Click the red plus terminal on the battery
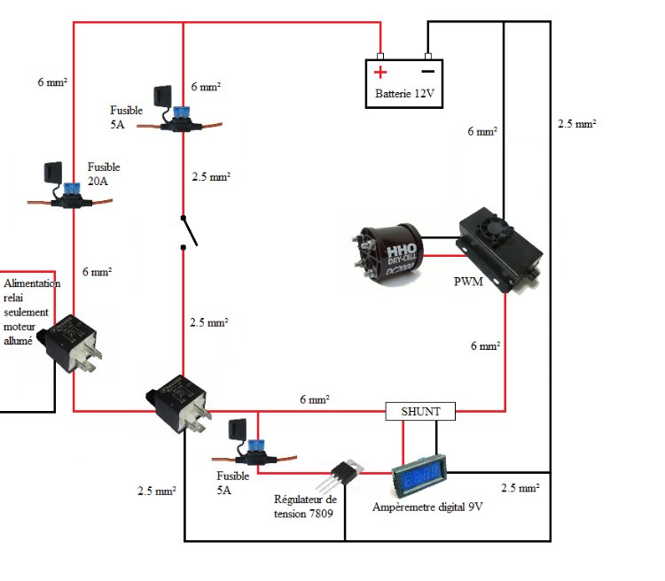click(x=380, y=72)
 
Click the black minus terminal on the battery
click(x=427, y=71)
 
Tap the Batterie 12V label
click(x=405, y=94)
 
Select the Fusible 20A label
click(x=104, y=174)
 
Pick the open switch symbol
click(x=189, y=231)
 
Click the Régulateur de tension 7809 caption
click(x=305, y=507)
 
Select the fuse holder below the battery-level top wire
click(x=182, y=120)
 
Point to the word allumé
click(x=19, y=339)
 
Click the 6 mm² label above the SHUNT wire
click(x=314, y=400)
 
